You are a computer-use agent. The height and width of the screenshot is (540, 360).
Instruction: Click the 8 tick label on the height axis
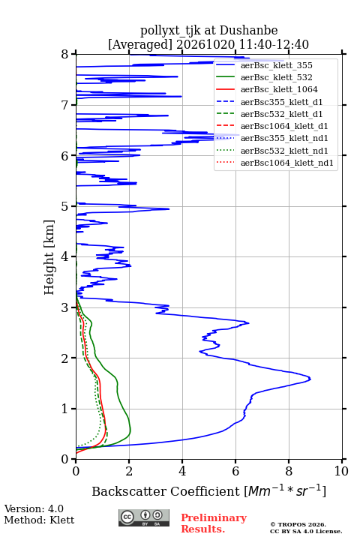pyautogui.click(x=65, y=55)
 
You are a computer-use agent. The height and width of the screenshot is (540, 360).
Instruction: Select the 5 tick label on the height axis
pyautogui.click(x=65, y=207)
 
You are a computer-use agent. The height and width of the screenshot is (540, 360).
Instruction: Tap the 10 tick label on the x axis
pyautogui.click(x=341, y=471)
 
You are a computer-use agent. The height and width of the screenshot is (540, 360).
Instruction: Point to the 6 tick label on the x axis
pyautogui.click(x=235, y=471)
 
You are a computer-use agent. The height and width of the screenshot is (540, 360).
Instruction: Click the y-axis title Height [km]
pyautogui.click(x=49, y=257)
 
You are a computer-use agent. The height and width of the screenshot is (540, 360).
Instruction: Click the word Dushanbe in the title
pyautogui.click(x=249, y=30)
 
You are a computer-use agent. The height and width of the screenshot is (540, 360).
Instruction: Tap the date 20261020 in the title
pyautogui.click(x=205, y=44)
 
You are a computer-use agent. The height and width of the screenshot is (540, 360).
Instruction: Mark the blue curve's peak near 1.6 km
pyautogui.click(x=310, y=379)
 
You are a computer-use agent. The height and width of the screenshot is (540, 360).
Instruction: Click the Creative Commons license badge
pyautogui.click(x=144, y=517)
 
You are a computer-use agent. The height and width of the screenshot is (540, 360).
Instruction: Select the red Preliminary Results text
pyautogui.click(x=214, y=523)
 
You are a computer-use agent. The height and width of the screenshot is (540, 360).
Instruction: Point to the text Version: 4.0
pyautogui.click(x=34, y=508)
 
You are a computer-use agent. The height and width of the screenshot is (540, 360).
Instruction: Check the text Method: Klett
pyautogui.click(x=39, y=520)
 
